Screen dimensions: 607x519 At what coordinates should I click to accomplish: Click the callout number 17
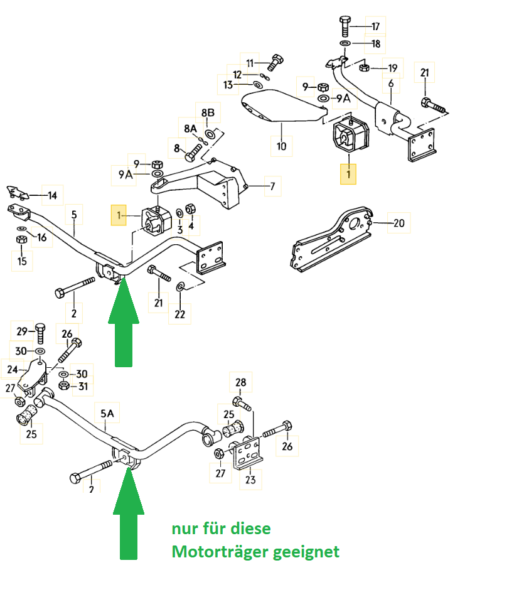376,26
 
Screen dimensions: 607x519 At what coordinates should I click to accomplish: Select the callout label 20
399,222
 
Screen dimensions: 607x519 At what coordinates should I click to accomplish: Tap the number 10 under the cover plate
281,146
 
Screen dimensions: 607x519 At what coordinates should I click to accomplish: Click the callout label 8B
208,113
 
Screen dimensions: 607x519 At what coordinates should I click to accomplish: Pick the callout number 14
52,196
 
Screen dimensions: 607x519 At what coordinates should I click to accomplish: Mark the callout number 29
22,331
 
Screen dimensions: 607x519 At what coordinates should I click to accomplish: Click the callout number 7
272,186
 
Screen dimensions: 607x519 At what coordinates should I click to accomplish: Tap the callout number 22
179,314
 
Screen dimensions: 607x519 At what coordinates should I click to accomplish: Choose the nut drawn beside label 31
64,385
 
